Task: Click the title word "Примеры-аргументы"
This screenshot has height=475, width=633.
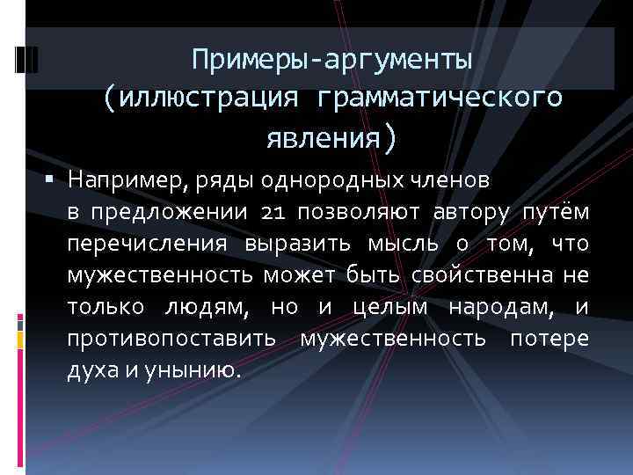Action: [x=333, y=61]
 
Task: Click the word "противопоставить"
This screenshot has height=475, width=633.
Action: [x=173, y=339]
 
